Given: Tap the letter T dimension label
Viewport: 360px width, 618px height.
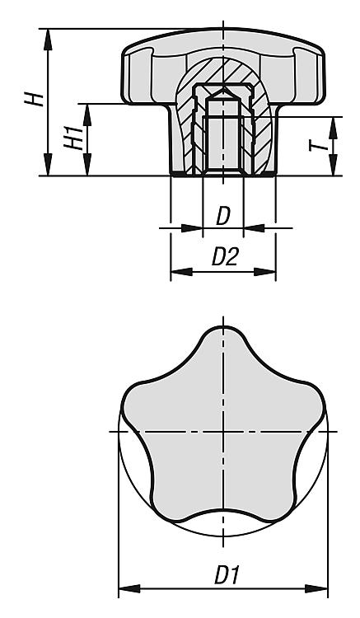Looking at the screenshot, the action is pos(318,146).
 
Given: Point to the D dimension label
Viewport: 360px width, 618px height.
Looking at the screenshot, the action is pos(223,216).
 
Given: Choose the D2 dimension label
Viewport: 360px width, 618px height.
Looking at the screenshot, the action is pos(225,257).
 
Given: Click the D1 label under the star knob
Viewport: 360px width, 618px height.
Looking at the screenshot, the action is pos(227,575).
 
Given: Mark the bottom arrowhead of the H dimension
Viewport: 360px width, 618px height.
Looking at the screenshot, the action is pos(48,165).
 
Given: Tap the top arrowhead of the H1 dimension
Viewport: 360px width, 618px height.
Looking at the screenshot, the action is pos(87,115).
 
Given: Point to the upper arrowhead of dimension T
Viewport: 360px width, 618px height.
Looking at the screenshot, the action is pos(333,128).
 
